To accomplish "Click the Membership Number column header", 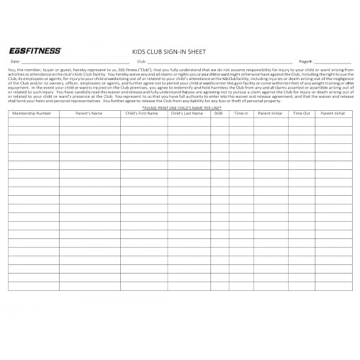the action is click(x=33, y=114).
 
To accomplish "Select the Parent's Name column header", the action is click(x=89, y=114).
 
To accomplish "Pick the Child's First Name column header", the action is click(x=143, y=114).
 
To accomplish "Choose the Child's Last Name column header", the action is click(x=189, y=114).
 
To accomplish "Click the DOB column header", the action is click(x=218, y=114).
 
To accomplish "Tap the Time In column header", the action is click(x=240, y=114).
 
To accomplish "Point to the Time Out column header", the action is click(x=301, y=114).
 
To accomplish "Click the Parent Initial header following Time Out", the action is click(x=333, y=114).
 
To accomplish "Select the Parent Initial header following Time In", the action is click(x=271, y=114).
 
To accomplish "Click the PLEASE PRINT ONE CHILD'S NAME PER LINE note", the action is click(x=179, y=107).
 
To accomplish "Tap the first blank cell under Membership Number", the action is click(x=33, y=122).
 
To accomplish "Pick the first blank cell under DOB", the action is click(x=218, y=122).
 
